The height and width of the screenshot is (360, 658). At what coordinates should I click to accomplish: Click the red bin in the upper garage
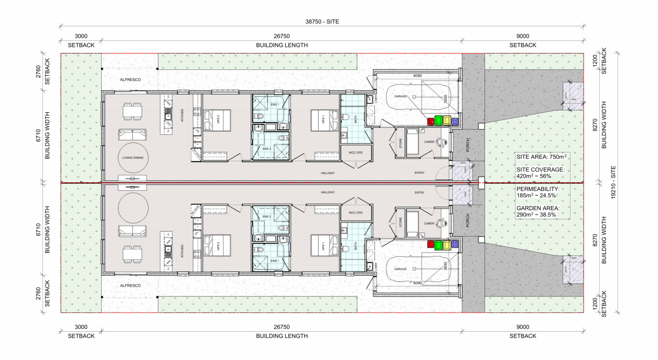pyautogui.click(x=431, y=122)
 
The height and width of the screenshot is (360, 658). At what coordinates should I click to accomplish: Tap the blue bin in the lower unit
pyautogui.click(x=455, y=244)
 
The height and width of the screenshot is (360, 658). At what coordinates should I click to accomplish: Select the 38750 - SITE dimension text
pyautogui.click(x=322, y=21)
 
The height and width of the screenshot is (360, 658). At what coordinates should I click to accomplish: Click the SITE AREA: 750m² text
pyautogui.click(x=541, y=157)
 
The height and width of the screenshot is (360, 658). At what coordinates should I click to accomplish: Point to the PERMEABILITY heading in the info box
pyautogui.click(x=538, y=189)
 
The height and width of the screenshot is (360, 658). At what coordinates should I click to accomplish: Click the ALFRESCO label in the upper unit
pyautogui.click(x=130, y=80)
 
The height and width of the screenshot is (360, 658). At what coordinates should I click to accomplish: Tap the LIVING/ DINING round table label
pyautogui.click(x=133, y=158)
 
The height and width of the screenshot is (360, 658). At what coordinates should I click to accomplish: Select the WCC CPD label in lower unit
pyautogui.click(x=355, y=213)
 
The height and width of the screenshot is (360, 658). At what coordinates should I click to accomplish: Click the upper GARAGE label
pyautogui.click(x=401, y=96)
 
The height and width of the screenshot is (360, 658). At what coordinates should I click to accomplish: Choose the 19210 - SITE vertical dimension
pyautogui.click(x=613, y=182)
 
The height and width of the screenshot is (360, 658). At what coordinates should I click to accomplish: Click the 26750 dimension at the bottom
pyautogui.click(x=281, y=327)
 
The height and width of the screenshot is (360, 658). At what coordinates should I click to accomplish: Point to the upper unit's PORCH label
pyautogui.click(x=468, y=144)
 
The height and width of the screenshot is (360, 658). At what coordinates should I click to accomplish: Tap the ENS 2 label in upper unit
pyautogui.click(x=266, y=149)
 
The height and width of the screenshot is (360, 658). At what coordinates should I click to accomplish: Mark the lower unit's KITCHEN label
pyautogui.click(x=182, y=251)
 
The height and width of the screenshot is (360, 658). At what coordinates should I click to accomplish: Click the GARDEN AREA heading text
pyautogui.click(x=538, y=208)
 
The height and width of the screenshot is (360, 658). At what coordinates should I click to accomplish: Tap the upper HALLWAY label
pyautogui.click(x=328, y=173)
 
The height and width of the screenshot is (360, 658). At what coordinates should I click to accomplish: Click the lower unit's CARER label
pyautogui.click(x=429, y=223)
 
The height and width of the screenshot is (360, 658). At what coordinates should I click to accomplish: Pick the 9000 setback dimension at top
pyautogui.click(x=523, y=36)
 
